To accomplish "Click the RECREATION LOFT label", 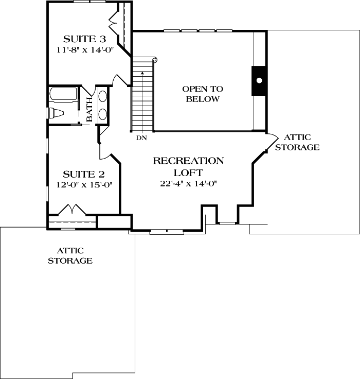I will (188, 166).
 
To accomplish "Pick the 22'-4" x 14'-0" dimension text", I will (188, 184).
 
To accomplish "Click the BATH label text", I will (89, 110).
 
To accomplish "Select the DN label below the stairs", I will (142, 138).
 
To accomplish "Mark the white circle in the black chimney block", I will (259, 80).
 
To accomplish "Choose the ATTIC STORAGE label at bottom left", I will (70, 255).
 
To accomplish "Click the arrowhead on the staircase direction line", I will (142, 74).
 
